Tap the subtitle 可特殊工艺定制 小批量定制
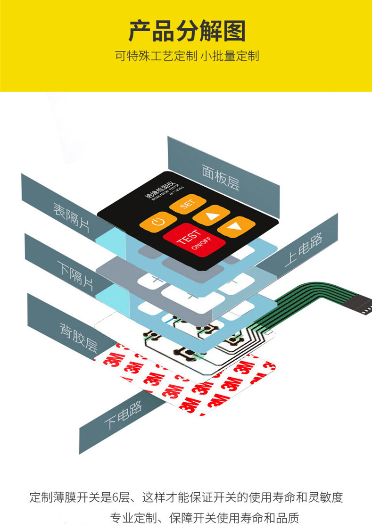tap(187, 57)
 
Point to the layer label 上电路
tap(304, 250)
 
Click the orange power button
tap(157, 221)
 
